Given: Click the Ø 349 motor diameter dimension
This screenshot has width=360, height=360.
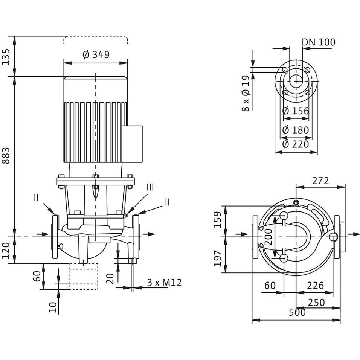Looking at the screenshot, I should [96, 55].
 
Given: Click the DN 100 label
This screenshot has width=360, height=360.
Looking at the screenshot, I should [318, 42].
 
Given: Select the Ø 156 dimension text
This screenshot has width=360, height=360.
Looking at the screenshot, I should [296, 111].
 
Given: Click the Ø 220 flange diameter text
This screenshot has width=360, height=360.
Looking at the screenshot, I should [296, 144].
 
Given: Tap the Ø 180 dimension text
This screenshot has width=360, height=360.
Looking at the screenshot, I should [296, 130].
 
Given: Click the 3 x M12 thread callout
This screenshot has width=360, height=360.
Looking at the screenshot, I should [164, 283].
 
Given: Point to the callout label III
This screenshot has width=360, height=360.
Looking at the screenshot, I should [150, 187].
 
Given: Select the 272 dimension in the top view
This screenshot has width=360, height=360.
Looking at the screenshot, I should [320, 181].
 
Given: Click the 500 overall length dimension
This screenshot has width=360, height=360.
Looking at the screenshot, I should [297, 312].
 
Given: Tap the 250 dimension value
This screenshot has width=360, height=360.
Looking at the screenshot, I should [317, 302].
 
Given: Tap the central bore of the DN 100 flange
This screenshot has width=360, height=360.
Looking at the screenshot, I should [296, 81].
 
